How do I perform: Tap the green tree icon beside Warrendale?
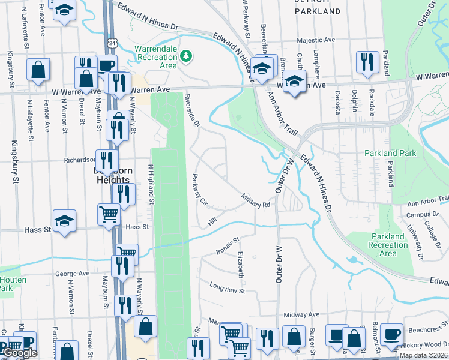pyautogui.click(x=187, y=56)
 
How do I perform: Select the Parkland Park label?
pyautogui.click(x=390, y=153)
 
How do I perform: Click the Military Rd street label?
pyautogui.click(x=255, y=200)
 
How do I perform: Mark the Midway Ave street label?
pyautogui.click(x=301, y=314)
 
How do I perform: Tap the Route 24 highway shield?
pyautogui.click(x=112, y=43)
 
